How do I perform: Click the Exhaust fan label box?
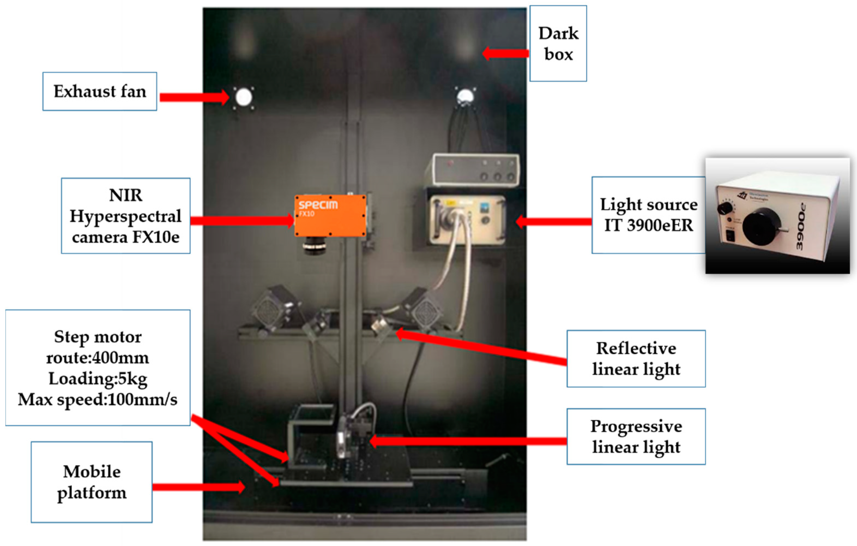100,91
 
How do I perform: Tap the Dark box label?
558,43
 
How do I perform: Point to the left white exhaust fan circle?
244,97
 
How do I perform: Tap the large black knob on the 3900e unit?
761,227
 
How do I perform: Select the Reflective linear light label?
636,359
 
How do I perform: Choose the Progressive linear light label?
636,437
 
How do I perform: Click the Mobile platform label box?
92,482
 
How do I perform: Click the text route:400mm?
98,358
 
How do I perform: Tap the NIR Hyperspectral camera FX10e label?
126,216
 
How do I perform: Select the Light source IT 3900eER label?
648,215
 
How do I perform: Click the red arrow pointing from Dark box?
505,54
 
